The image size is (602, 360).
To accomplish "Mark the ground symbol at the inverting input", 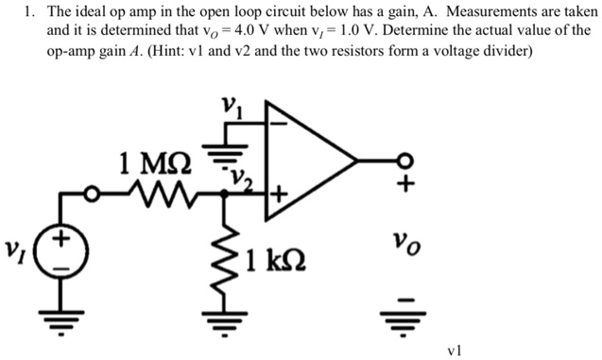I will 226,143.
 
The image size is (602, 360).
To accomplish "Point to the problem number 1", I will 30,12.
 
